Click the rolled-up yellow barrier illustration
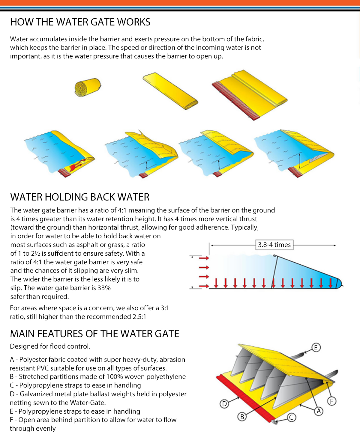click(87, 87)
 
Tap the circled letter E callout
click(316, 347)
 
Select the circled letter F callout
click(331, 401)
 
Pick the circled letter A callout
click(319, 411)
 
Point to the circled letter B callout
click(242, 416)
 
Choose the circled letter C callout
click(291, 417)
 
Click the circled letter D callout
click(224, 404)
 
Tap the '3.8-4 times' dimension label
click(274, 245)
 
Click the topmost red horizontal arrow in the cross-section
click(204, 258)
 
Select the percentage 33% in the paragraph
click(104, 288)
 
